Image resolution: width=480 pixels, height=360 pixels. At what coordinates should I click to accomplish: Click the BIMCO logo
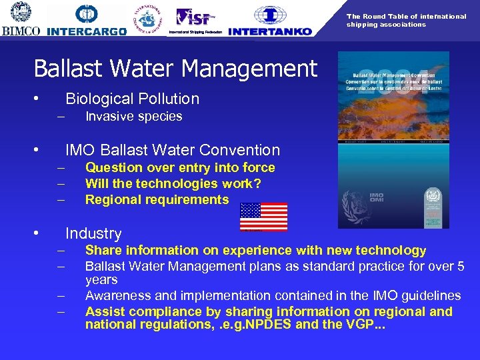point(21,19)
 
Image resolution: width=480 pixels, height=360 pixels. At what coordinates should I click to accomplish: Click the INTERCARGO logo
point(87,20)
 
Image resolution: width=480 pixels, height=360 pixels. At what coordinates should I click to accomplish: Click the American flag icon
point(263,217)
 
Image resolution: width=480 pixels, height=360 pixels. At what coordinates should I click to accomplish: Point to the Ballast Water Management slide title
point(175,68)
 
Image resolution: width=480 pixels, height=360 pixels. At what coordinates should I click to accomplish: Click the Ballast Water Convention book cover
point(393,140)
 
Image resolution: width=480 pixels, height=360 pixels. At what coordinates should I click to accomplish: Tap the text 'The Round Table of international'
point(406,16)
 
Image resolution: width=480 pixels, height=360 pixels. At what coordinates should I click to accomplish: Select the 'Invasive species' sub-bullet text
point(133,117)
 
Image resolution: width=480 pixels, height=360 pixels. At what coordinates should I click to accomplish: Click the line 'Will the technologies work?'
point(173,183)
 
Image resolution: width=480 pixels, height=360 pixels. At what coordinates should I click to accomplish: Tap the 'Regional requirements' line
point(157,199)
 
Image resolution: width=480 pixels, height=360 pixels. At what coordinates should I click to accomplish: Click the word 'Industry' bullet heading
point(93,233)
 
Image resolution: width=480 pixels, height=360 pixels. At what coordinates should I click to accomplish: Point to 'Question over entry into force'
point(180,167)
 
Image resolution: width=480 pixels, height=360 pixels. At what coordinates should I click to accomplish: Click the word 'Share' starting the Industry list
point(103,250)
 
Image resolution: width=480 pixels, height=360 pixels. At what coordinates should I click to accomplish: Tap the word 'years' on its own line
point(101,280)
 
